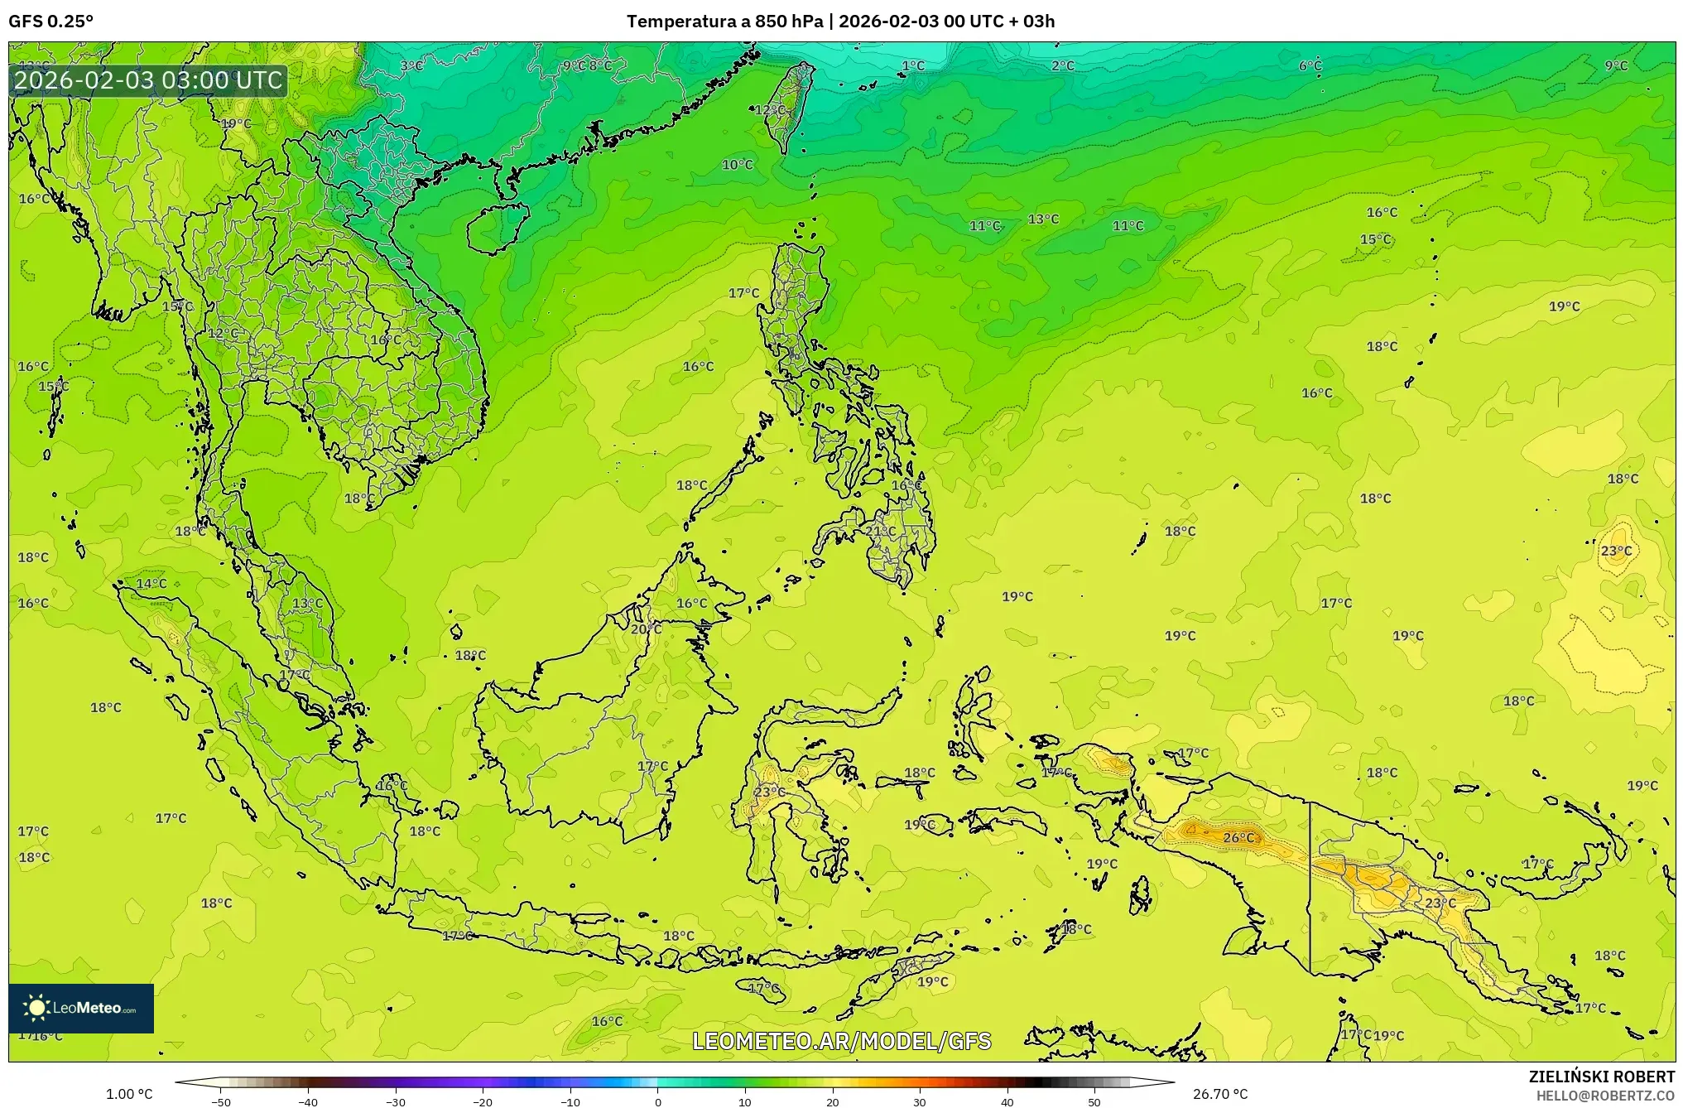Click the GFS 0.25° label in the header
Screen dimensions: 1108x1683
(x=51, y=22)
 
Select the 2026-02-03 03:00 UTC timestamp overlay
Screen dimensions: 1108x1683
(x=148, y=80)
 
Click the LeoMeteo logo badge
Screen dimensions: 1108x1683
(x=81, y=1008)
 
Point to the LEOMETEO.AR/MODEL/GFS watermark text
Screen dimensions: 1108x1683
(x=841, y=1041)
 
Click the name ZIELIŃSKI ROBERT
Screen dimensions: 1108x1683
(x=1601, y=1077)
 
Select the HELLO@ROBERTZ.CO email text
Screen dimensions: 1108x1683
(x=1605, y=1096)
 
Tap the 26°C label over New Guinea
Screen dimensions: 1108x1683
(x=1238, y=837)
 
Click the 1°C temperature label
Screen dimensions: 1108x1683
(x=913, y=65)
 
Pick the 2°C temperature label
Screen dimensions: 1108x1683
(x=1063, y=65)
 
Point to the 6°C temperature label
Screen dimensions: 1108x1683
(x=1310, y=65)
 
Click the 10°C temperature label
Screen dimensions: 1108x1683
(x=737, y=165)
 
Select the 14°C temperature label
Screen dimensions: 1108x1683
(x=151, y=583)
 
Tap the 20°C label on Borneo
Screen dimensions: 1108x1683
(x=646, y=629)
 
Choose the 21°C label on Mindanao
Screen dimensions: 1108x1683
(x=880, y=531)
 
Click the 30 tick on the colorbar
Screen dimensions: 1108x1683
(x=920, y=1101)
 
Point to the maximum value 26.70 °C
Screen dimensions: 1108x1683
(x=1219, y=1094)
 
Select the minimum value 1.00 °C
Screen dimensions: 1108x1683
(x=129, y=1094)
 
